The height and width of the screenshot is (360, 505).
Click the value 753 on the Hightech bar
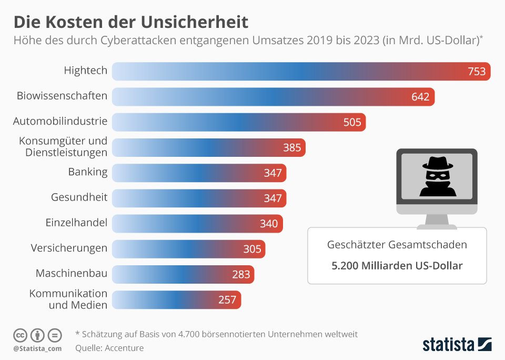point(477,72)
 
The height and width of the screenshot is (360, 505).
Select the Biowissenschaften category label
point(62,96)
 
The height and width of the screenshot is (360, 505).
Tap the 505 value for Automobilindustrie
point(352,122)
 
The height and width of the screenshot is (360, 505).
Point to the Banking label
point(88,172)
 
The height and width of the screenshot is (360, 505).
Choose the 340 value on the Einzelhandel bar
point(269,223)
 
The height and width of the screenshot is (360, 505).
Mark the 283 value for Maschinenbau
point(241,274)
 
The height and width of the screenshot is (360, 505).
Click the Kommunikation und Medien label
point(68,299)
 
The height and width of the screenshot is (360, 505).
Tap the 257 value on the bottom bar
point(227,299)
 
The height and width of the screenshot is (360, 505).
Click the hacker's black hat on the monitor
point(437,164)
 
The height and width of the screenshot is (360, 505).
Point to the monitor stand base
point(437,225)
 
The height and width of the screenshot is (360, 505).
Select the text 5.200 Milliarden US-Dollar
point(397,266)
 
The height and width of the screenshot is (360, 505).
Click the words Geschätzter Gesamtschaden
point(397,245)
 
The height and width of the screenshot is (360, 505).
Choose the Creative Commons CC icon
point(20,335)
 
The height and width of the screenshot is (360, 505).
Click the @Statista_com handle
point(37,348)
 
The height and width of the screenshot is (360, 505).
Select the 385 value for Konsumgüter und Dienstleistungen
point(292,147)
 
